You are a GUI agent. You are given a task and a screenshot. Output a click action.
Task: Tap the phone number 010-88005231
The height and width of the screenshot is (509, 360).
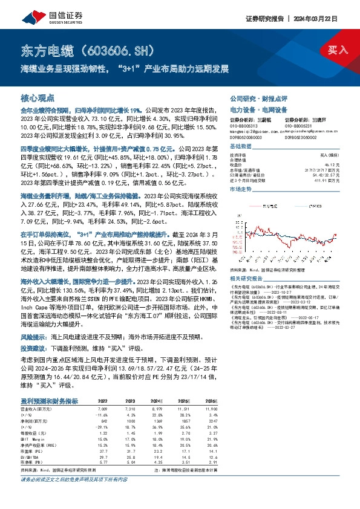(300, 125)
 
